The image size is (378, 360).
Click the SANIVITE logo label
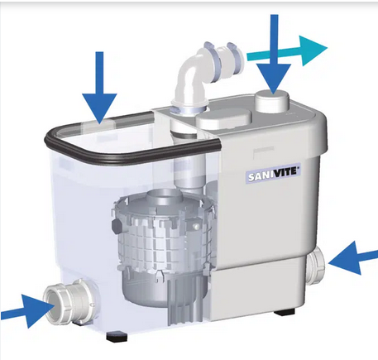[272, 175]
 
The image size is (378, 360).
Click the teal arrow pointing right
[287, 51]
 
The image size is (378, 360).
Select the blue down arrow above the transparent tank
[99, 87]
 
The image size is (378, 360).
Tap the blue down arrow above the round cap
[274, 54]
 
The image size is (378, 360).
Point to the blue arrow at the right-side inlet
[353, 258]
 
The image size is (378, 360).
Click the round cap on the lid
[272, 101]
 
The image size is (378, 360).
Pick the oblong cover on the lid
[224, 118]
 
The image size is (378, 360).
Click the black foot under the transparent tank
[117, 336]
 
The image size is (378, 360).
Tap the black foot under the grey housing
[285, 313]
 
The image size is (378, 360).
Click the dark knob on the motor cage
[117, 225]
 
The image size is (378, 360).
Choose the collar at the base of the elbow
[189, 108]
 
